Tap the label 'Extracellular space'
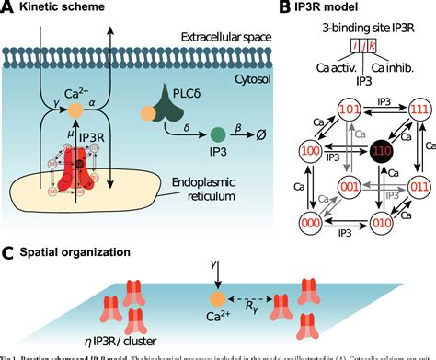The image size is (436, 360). click(218, 41)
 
